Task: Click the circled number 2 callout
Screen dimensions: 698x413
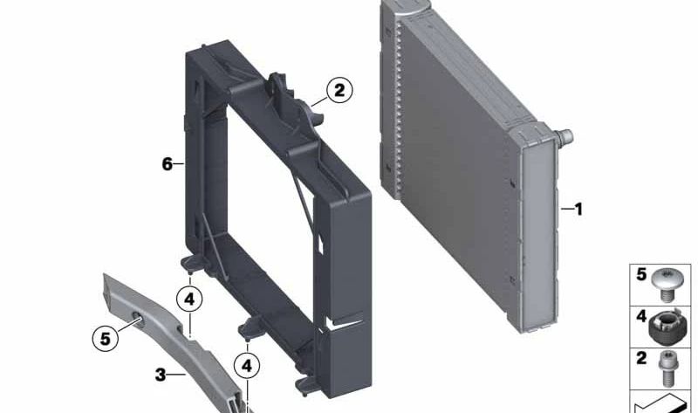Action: point(339,90)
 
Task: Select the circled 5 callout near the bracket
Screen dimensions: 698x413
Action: point(105,338)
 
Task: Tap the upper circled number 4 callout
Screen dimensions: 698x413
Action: point(189,299)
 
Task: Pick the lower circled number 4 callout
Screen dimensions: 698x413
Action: point(247,366)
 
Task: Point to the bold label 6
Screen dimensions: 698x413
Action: point(167,164)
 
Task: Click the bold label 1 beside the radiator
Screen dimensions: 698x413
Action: point(578,209)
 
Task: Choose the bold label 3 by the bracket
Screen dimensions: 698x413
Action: point(161,375)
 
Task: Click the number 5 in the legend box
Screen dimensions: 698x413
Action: point(641,274)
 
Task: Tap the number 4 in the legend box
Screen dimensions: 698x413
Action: point(641,316)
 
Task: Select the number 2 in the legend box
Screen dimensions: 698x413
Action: point(641,358)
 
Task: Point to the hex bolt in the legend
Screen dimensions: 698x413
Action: point(667,368)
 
